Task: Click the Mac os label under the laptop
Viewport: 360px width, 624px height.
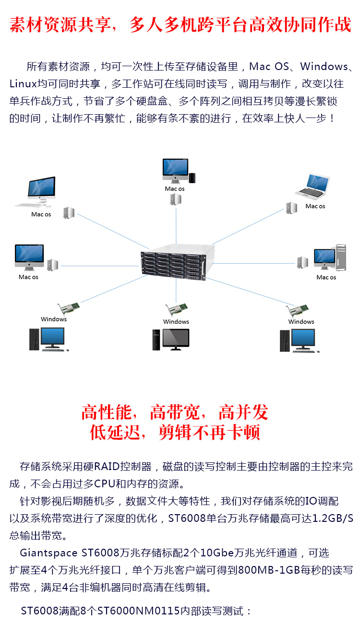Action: coord(315,206)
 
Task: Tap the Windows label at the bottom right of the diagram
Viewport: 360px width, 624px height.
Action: coord(301,322)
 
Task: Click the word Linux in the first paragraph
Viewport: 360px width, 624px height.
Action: coord(23,84)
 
